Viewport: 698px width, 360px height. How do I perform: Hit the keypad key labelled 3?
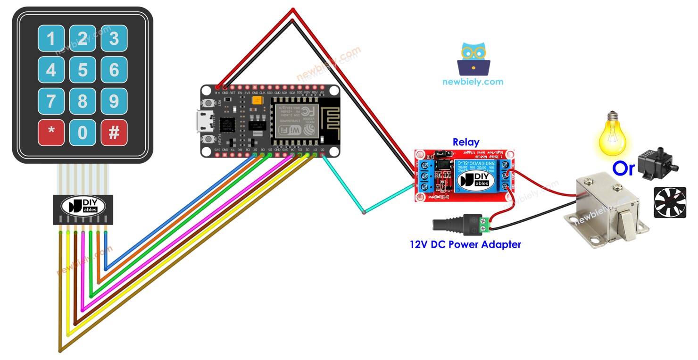(x=114, y=39)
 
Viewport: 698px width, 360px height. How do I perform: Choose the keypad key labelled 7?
(x=51, y=101)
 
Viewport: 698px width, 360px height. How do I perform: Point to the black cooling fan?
(x=670, y=202)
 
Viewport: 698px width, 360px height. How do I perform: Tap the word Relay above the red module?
(x=465, y=142)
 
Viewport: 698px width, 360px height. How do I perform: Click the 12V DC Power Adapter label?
(x=465, y=244)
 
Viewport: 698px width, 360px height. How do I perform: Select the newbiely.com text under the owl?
(x=473, y=82)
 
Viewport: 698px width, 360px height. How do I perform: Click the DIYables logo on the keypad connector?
(x=83, y=206)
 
